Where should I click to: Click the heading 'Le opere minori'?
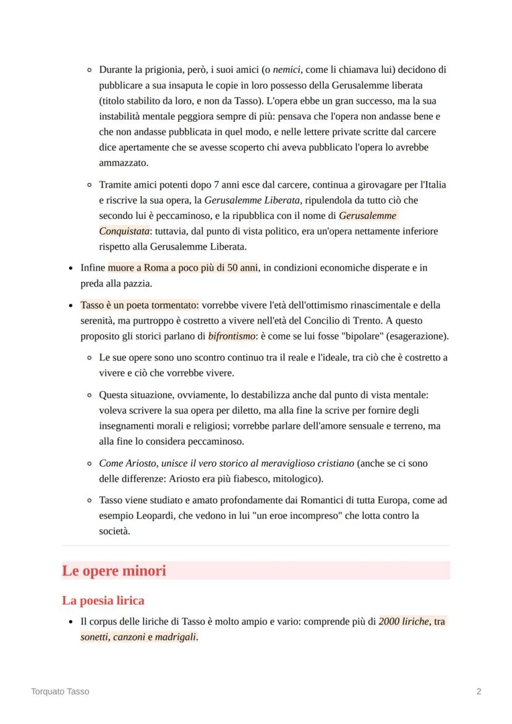coord(114,571)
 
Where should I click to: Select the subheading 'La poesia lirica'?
coord(103,600)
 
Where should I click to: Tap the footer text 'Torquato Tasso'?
coord(60,691)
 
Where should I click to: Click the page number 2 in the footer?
coord(479,691)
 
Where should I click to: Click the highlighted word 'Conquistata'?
coord(124,231)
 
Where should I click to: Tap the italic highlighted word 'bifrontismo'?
coord(232,336)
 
